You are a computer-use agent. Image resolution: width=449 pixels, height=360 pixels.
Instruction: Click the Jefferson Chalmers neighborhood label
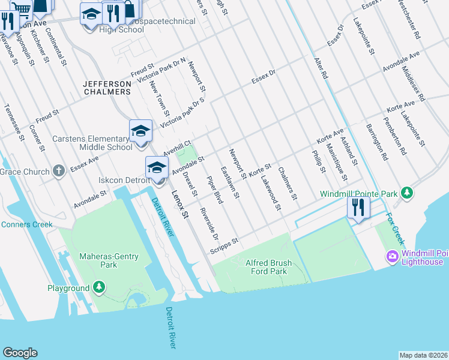[x=107, y=88]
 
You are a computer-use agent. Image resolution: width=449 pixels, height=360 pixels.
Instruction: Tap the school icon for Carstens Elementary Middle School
[x=140, y=131]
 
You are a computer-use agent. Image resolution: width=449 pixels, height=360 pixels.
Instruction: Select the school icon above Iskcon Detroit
[x=156, y=167]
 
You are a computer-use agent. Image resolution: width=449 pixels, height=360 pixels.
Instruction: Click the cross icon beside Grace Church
[x=59, y=172]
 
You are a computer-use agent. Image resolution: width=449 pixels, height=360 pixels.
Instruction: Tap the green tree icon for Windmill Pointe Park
[x=408, y=193]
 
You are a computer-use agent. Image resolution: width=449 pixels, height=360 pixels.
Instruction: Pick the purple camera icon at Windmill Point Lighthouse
[x=393, y=257]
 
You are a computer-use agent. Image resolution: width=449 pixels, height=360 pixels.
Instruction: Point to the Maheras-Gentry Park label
[x=109, y=260]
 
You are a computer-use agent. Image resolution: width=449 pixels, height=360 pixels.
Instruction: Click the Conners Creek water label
[x=27, y=225]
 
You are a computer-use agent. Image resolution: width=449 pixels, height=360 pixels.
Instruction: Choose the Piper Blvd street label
[x=214, y=190]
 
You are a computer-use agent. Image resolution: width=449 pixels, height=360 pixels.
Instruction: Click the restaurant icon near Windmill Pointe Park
[x=359, y=208]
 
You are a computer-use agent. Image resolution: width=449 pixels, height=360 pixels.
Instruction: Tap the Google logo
[x=20, y=353]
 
